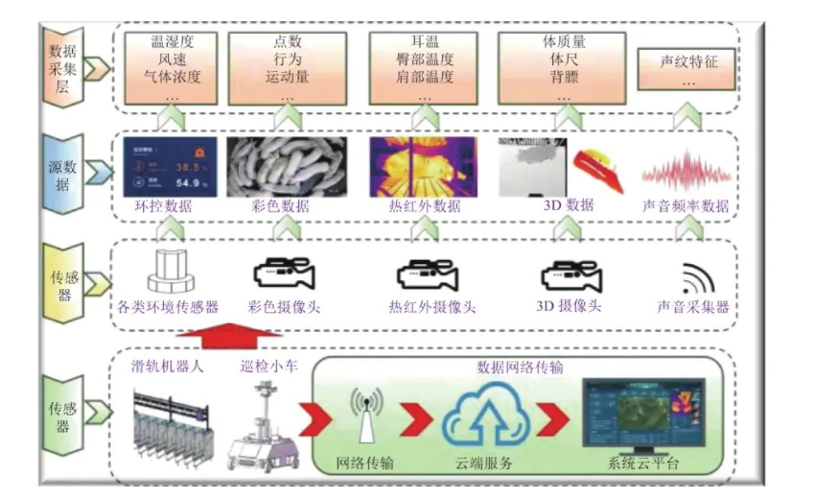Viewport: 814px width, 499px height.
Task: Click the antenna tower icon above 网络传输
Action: point(363,415)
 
